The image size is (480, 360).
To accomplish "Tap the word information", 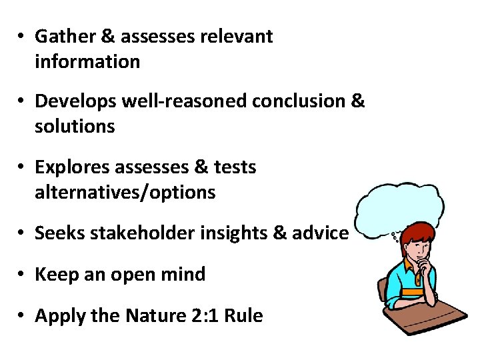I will pos(87,62).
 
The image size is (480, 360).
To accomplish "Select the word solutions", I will pos(75,127).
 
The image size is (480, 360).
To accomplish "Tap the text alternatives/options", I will pos(125,193).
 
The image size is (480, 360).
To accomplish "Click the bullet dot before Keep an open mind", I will pos(23,275).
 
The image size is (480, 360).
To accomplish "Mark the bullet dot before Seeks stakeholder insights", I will pos(23,233).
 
